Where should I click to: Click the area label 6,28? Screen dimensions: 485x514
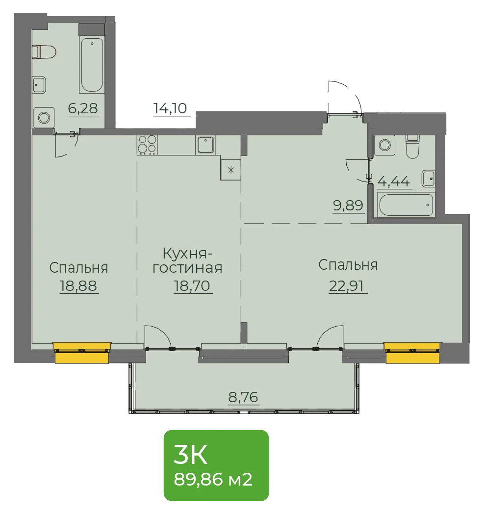click(x=83, y=108)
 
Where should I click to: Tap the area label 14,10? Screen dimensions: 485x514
click(x=170, y=108)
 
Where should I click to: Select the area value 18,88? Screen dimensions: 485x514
click(x=78, y=286)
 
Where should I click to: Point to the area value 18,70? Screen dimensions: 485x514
click(x=192, y=286)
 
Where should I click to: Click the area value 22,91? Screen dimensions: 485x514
click(x=346, y=286)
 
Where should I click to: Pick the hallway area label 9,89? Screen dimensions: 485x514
click(x=348, y=206)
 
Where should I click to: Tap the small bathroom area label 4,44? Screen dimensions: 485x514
click(x=394, y=181)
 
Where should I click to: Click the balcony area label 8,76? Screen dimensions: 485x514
click(x=243, y=397)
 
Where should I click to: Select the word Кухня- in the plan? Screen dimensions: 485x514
click(x=188, y=254)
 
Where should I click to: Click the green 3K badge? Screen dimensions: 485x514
click(x=216, y=465)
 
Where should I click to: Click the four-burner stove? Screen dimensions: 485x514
click(x=147, y=145)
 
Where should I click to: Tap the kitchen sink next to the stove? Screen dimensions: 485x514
click(x=205, y=145)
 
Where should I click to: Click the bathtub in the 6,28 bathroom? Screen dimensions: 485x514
click(x=92, y=65)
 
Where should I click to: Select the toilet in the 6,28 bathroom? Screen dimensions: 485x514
click(x=44, y=52)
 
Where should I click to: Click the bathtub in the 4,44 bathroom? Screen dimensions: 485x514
click(x=406, y=205)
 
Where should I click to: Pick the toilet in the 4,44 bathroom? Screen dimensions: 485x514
click(x=412, y=146)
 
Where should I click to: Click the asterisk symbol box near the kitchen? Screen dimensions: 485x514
click(x=231, y=170)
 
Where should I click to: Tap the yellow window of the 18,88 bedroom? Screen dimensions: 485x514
click(x=82, y=353)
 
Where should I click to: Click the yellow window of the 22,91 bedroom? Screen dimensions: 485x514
click(x=412, y=353)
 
